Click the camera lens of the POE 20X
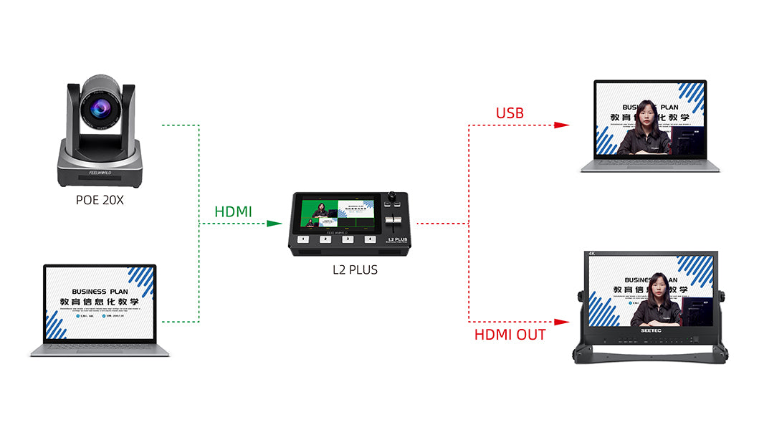(x=100, y=110)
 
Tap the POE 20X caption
(x=100, y=200)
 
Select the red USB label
(x=510, y=113)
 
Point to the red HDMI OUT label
(x=510, y=335)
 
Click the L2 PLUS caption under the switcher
(x=355, y=270)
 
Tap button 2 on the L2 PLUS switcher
(x=325, y=239)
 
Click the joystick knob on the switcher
(x=393, y=196)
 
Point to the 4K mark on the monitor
(x=592, y=254)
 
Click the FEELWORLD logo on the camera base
(x=100, y=173)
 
